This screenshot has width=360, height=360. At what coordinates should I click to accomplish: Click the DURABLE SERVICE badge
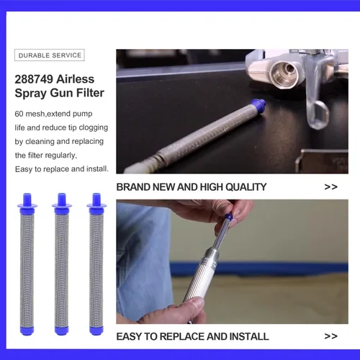coord(50,55)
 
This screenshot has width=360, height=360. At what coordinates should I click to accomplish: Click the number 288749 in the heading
coord(34,79)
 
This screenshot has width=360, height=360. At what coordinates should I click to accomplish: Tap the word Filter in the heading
coord(90,93)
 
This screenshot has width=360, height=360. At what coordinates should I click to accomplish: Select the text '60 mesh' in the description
coord(30,114)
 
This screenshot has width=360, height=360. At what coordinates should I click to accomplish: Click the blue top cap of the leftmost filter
coord(27,203)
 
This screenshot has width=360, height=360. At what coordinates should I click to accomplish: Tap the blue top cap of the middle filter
coord(62,203)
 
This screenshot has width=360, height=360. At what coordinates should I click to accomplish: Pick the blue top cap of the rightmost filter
coord(96,203)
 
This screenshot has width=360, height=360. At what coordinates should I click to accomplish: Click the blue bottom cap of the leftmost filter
coord(27,330)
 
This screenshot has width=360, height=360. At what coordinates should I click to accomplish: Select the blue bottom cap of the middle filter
coord(62,330)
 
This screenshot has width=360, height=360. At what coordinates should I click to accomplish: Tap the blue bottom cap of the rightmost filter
coord(96,330)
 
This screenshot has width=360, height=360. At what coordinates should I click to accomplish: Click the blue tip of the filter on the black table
coord(258,106)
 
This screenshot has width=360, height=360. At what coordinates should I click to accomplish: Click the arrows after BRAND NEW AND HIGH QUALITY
coord(330,187)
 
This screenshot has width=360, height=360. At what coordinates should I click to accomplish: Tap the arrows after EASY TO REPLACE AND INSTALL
coord(330,336)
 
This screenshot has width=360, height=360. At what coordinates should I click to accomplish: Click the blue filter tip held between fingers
coord(229,217)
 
